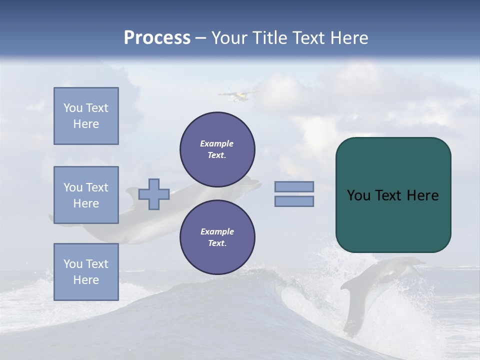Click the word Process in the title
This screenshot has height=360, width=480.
point(157,38)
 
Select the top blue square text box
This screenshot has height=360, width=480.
point(86,116)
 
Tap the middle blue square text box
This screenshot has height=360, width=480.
point(86,195)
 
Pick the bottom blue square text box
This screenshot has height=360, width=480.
point(86,272)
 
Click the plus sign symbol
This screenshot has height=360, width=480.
point(154,194)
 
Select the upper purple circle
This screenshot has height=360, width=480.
point(217,149)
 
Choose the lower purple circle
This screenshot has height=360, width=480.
point(217,237)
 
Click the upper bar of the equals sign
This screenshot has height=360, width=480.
point(294,186)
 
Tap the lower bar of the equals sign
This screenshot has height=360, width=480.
point(294,201)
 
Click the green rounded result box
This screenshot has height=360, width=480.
point(393,195)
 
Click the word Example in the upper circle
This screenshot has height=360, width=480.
point(216,143)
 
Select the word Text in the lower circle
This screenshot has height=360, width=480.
point(216,243)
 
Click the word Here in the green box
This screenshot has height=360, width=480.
point(422,195)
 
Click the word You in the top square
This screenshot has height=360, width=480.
point(72,108)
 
